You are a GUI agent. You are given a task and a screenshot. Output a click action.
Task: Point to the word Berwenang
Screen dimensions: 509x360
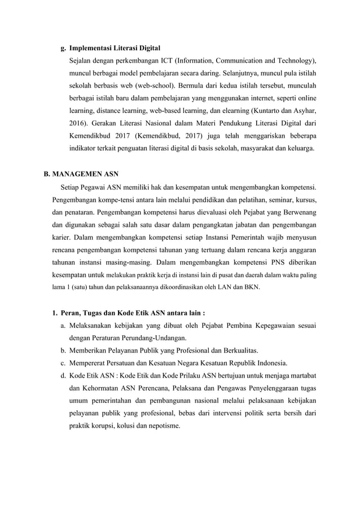(x=295, y=212)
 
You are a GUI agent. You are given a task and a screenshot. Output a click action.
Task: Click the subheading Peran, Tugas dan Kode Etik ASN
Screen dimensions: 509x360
(x=131, y=313)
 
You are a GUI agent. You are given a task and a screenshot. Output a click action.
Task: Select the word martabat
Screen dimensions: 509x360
(x=300, y=375)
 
